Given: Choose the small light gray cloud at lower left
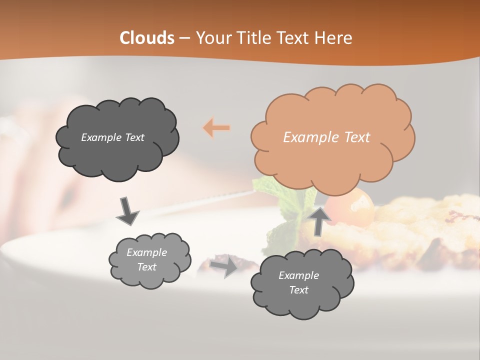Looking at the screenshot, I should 149,259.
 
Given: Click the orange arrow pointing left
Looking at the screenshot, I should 216,128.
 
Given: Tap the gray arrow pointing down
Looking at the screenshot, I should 127,210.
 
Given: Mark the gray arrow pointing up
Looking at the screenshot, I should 319,220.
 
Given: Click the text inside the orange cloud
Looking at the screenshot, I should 326,137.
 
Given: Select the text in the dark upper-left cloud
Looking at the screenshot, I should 112,137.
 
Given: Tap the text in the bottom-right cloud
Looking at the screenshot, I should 298,282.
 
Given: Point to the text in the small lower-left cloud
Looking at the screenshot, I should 146,259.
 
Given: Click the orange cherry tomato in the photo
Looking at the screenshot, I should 357,203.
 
